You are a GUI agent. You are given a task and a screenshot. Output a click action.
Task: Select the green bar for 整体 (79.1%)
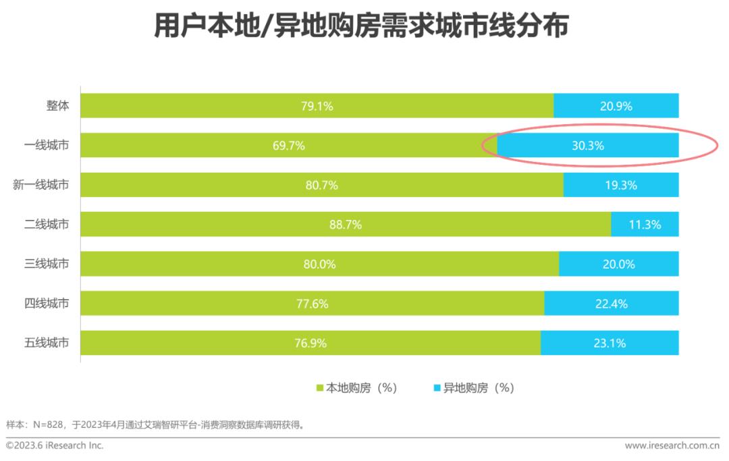(x=317, y=106)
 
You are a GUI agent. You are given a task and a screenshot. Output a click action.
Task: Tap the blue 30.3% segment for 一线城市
(x=587, y=145)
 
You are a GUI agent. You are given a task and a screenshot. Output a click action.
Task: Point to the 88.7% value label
(x=345, y=225)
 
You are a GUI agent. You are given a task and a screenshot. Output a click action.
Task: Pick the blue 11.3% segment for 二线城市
(x=645, y=224)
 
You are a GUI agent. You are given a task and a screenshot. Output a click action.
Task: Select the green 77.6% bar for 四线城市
(x=312, y=304)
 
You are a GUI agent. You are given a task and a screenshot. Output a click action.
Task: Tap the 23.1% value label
(x=610, y=343)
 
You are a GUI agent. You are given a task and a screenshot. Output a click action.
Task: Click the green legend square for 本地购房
(x=321, y=388)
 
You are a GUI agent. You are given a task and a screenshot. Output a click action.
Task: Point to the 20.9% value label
(x=616, y=106)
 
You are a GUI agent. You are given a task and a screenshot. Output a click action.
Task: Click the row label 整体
(x=57, y=105)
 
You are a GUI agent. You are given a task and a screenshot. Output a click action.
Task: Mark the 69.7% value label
(x=288, y=145)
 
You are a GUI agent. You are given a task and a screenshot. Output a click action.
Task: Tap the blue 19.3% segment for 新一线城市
(x=620, y=185)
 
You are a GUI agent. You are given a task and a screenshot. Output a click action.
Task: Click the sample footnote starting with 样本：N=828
(x=155, y=425)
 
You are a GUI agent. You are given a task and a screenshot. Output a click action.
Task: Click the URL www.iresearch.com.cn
(x=672, y=445)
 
